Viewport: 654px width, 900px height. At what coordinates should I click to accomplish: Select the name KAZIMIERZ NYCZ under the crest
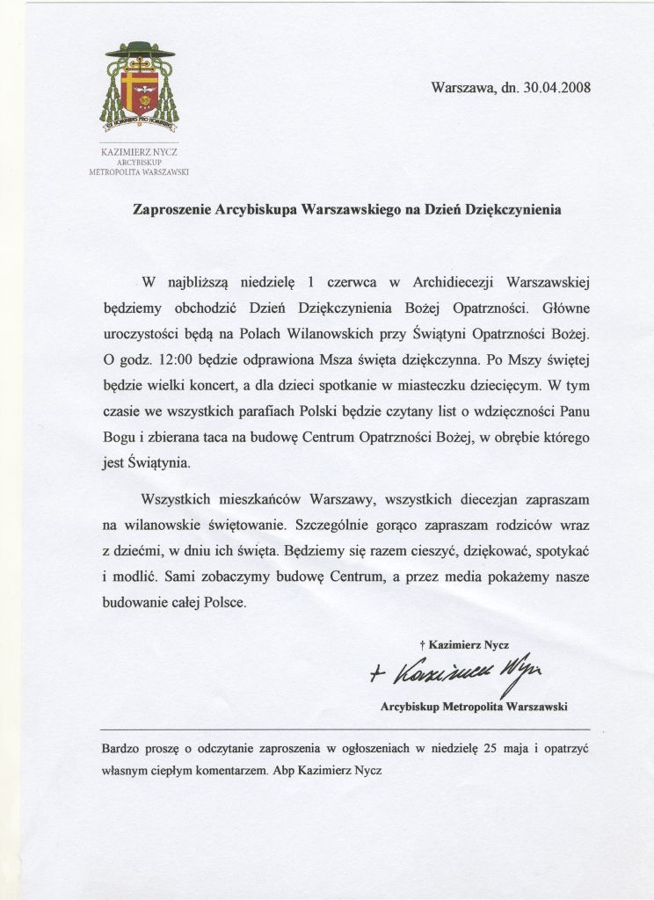[x=139, y=152]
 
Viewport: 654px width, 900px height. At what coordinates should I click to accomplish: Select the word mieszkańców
[x=258, y=498]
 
